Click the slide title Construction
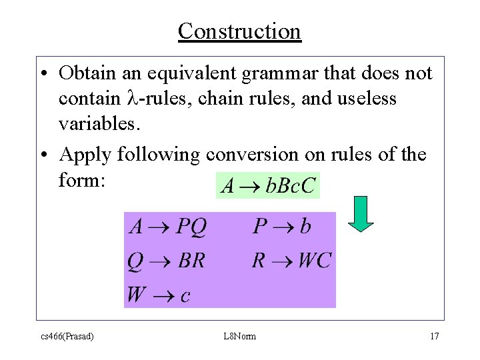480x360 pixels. tap(239, 31)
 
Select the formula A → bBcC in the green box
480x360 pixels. tap(268, 185)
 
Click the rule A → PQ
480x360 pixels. tap(168, 227)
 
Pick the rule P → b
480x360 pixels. tap(281, 227)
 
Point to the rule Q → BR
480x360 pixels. tap(167, 261)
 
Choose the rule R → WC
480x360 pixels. tap(291, 260)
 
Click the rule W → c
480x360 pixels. tap(159, 294)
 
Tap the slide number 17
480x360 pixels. tap(434, 336)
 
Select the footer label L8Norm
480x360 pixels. tap(240, 336)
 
